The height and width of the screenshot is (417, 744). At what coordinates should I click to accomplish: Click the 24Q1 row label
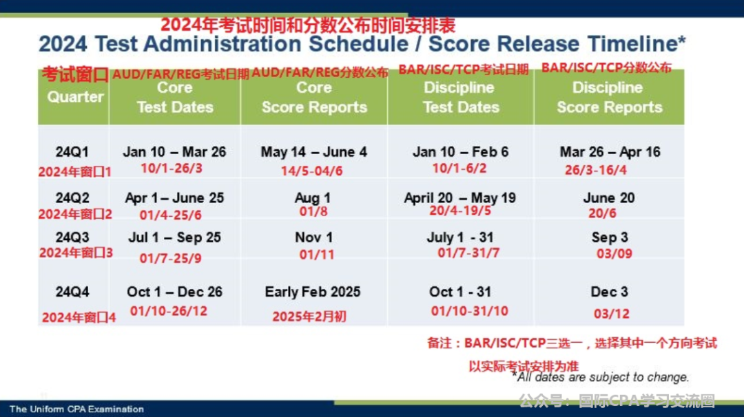tap(72, 151)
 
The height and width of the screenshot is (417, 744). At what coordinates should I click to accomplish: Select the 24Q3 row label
tap(72, 237)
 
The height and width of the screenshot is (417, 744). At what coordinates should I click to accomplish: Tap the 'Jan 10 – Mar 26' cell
tap(174, 151)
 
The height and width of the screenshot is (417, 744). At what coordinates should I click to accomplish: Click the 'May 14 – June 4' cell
tap(313, 151)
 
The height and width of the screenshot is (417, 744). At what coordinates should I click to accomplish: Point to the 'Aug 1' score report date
tap(313, 197)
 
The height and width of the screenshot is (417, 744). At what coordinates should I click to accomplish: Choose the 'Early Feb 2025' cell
tap(313, 292)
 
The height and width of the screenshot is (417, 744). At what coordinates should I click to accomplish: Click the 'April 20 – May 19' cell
tap(459, 197)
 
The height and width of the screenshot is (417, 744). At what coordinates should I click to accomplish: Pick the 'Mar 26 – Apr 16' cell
tap(610, 151)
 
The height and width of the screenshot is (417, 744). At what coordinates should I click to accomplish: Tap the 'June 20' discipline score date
tap(609, 197)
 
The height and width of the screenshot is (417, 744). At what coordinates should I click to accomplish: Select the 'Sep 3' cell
tap(610, 237)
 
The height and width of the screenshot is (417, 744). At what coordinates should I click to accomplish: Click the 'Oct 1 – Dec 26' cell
tap(174, 292)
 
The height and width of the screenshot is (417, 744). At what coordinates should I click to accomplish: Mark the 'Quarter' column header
tap(76, 96)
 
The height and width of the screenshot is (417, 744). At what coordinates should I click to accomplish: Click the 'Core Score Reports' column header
tap(314, 97)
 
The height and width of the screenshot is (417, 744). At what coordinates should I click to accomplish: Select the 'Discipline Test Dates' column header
tap(461, 97)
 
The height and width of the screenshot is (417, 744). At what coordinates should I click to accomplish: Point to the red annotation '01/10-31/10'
tap(469, 311)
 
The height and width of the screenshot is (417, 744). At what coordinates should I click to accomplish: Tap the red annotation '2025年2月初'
tap(309, 317)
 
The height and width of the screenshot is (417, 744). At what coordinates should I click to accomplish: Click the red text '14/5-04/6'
tap(312, 171)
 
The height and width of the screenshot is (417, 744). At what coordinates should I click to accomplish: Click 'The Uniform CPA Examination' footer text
tap(76, 409)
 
